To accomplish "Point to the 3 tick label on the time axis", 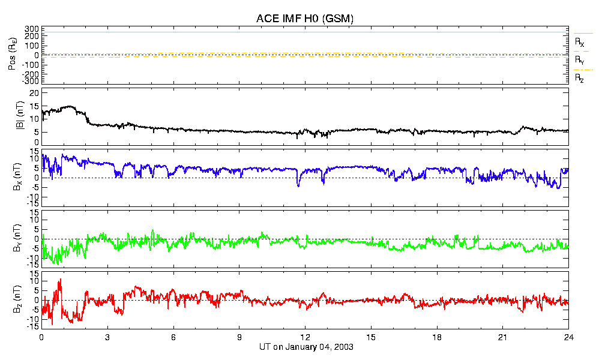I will pos(107,337).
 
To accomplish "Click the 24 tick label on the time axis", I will pos(568,337).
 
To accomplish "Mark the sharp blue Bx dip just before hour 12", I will pos(298,185).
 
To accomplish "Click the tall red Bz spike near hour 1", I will pos(59,281).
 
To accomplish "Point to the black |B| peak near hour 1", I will pos(69,107).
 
